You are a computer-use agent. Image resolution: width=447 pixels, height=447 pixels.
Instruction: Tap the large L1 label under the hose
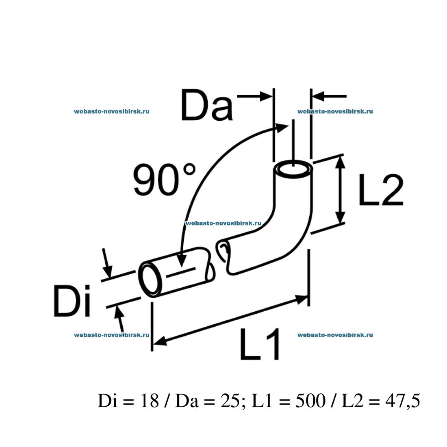point(260,345)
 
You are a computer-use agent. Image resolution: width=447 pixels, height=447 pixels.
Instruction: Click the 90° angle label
point(165,180)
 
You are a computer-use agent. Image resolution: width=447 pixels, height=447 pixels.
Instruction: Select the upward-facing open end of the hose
point(293,168)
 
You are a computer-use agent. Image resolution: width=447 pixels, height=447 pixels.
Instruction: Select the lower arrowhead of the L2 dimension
point(341,217)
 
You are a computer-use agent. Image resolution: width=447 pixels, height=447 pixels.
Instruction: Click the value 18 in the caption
point(148,401)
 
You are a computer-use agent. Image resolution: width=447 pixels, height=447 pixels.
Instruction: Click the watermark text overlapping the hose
point(223,223)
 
